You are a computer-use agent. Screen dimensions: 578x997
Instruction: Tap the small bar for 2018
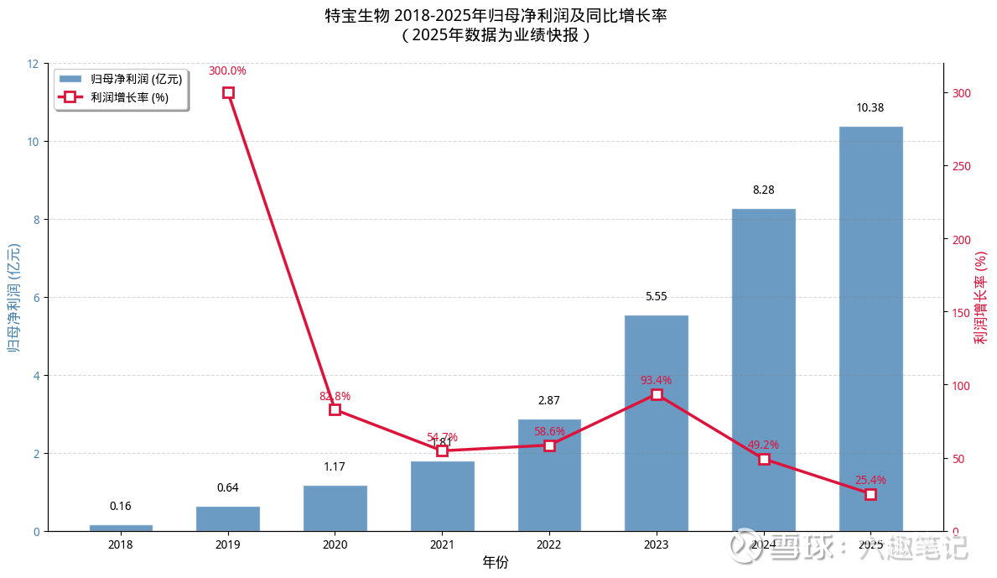point(121,528)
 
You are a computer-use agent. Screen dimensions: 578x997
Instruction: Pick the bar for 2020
point(335,508)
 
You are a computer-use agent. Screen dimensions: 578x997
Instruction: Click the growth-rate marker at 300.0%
point(228,92)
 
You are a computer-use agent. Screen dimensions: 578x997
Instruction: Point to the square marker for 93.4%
point(657,394)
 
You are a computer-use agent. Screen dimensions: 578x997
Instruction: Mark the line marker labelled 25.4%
point(870,495)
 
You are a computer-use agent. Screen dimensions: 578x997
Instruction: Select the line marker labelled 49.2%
point(764,459)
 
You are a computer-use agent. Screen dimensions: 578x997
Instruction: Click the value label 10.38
point(870,107)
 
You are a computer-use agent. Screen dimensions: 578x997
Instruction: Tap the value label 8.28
point(763,190)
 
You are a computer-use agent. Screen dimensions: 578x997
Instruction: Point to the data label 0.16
point(121,506)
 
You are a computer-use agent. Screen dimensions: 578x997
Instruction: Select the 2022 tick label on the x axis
point(549,544)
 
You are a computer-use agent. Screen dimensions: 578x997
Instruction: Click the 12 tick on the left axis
point(33,64)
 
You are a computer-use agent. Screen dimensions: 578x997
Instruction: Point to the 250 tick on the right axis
point(961,166)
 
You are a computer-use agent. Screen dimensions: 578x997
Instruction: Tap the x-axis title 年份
point(495,562)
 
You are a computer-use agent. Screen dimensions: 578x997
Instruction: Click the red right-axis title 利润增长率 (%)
point(980,298)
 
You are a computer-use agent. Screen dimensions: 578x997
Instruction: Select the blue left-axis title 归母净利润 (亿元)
point(13,298)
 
